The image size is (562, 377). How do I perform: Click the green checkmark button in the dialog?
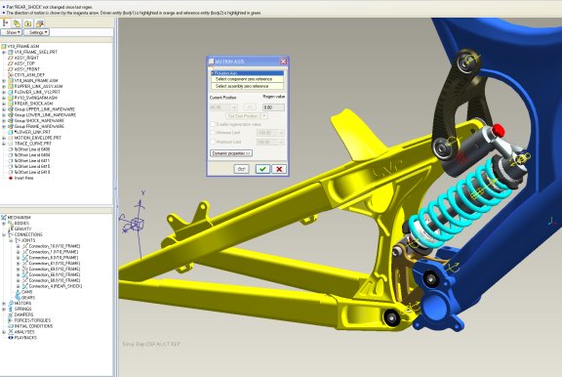(x=262, y=169)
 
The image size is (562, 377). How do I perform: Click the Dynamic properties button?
(x=231, y=153)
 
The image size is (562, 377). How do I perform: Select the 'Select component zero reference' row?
(x=244, y=79)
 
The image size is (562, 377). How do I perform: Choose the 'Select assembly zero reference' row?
(x=243, y=85)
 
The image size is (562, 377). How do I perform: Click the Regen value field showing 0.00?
(x=273, y=106)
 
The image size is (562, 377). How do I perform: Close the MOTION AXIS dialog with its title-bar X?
(x=284, y=62)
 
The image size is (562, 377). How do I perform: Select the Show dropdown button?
(x=13, y=32)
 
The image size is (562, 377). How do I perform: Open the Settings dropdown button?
(x=40, y=32)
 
